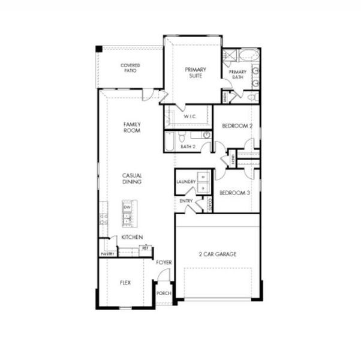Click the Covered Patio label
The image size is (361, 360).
pos(130,68)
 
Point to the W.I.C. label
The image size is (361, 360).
pos(191,116)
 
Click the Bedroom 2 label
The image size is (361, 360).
pos(237,125)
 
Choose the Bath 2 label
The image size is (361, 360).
pos(188,146)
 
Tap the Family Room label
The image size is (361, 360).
pos(132,127)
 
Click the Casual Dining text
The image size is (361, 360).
pos(132,178)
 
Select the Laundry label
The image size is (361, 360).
pos(186,181)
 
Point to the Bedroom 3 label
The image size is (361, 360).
pos(234,193)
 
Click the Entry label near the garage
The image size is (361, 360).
pos(186,200)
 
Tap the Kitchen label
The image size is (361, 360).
pos(132,238)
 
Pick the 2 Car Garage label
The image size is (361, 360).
pos(218,254)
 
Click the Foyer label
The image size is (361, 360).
pos(164,263)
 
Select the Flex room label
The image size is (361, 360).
pos(125,282)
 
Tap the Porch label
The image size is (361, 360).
pos(164,293)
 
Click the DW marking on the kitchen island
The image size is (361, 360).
pos(127,208)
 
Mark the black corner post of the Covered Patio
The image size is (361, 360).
pos(99,49)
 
